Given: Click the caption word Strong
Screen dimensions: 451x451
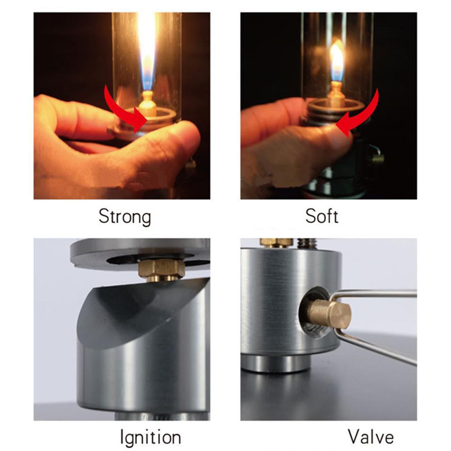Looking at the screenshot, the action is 124,217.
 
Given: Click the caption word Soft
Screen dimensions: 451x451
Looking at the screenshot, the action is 322,216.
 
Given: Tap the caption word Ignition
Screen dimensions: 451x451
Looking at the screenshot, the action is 150,437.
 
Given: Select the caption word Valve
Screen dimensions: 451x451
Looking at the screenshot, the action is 371,437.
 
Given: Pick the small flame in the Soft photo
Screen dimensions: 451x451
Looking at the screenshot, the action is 337,60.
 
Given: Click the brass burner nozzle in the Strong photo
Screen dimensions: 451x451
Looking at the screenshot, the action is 147,104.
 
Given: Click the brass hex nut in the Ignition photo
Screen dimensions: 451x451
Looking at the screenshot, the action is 161,269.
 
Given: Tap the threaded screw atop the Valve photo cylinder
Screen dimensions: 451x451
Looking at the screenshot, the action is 307,243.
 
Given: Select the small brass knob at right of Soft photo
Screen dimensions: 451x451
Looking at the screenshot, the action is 378,157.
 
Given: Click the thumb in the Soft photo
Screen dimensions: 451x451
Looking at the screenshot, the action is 316,144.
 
